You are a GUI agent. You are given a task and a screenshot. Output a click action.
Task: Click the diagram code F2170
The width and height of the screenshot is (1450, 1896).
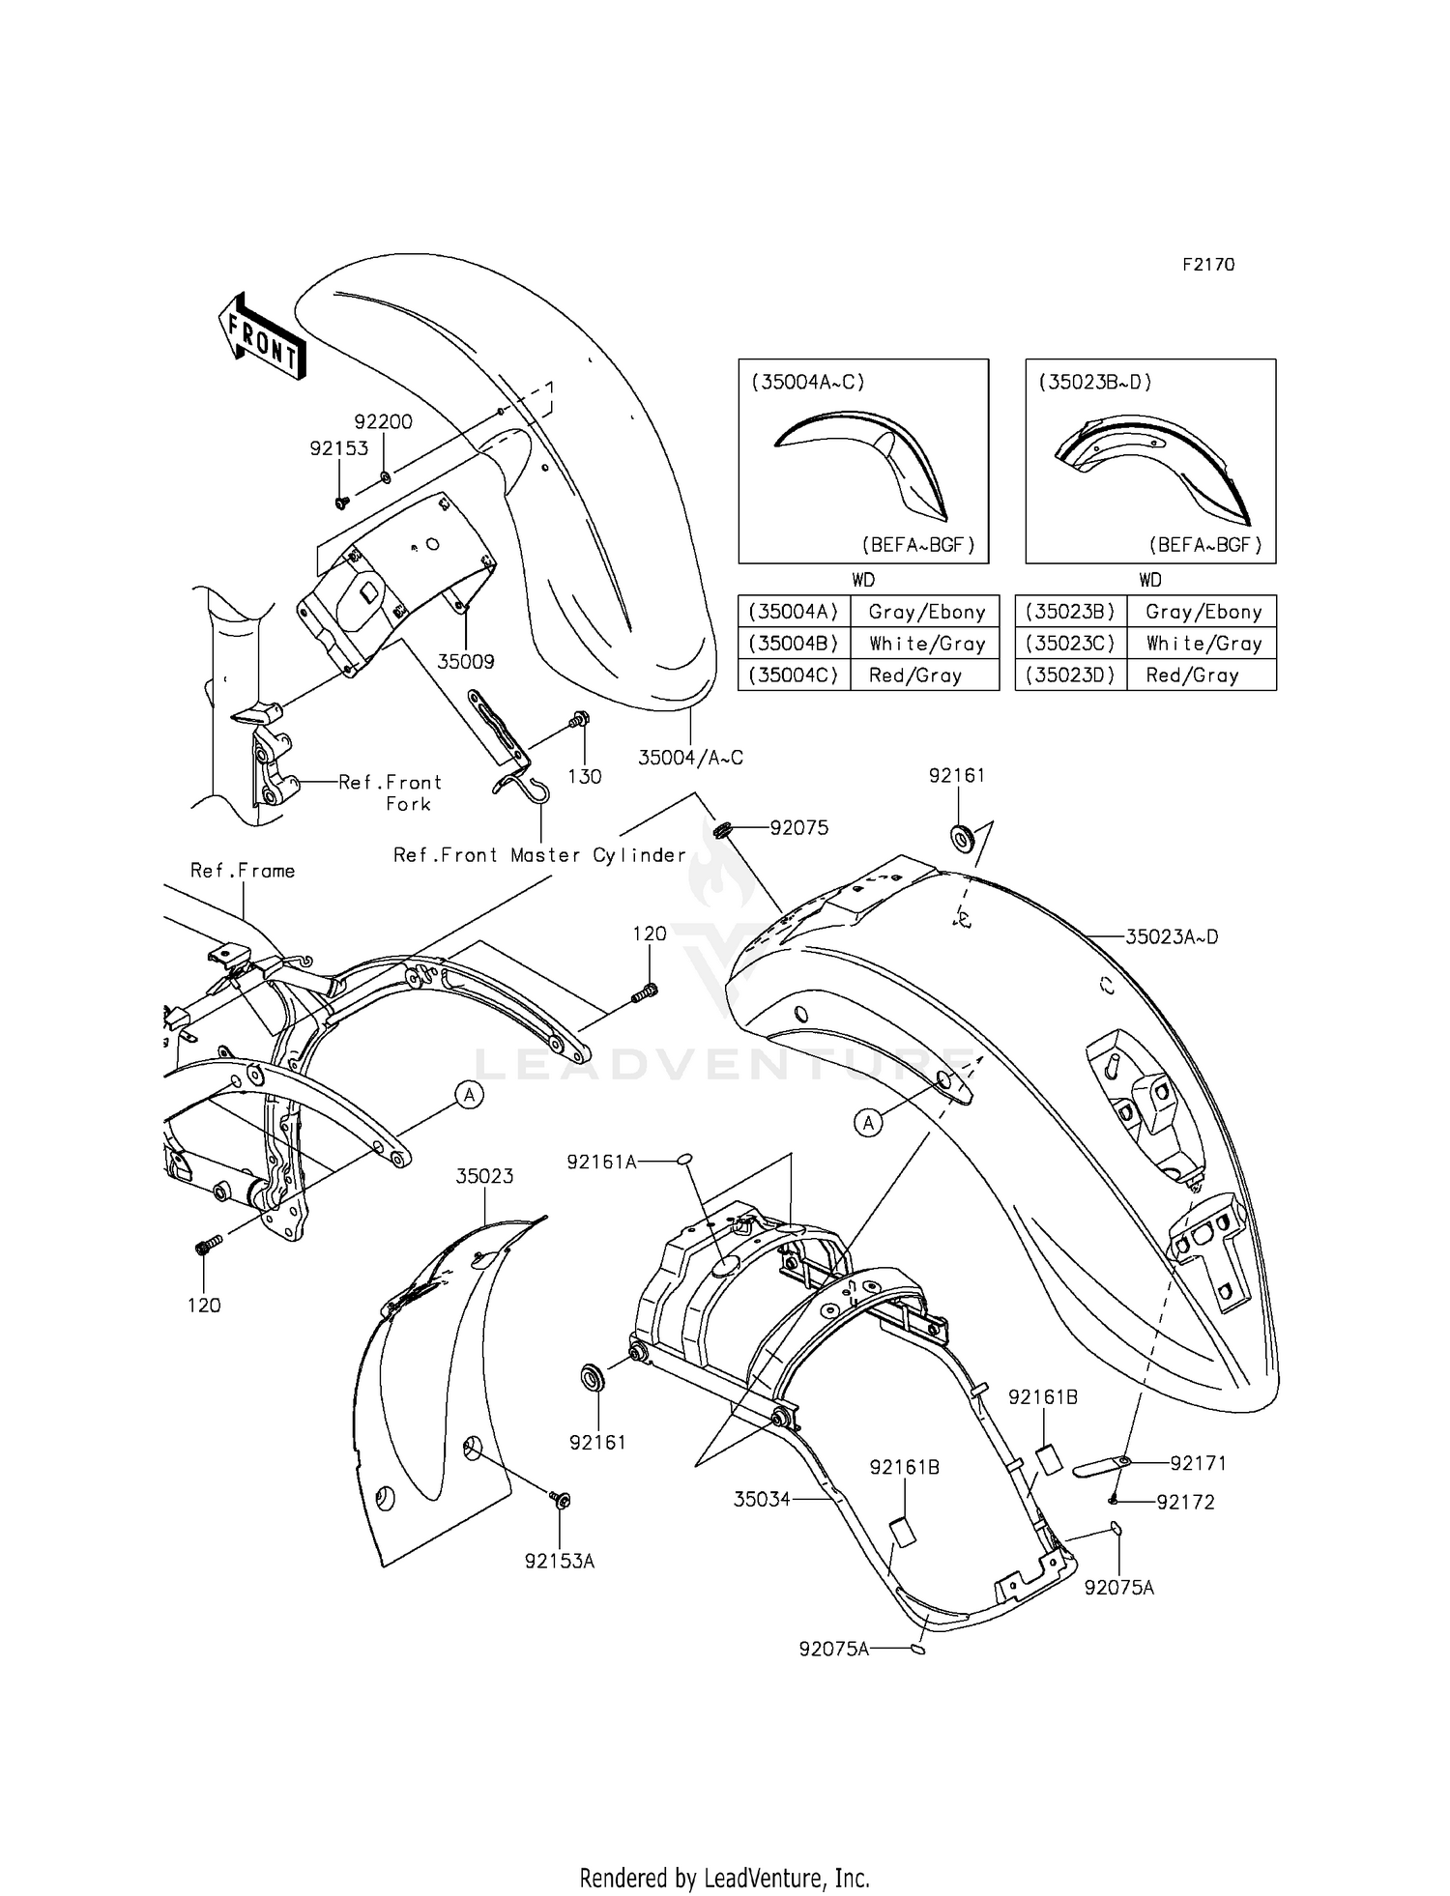click(1208, 265)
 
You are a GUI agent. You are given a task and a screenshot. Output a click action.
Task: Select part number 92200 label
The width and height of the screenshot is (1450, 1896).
click(383, 422)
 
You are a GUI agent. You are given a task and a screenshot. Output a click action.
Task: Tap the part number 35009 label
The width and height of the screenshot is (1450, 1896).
click(466, 662)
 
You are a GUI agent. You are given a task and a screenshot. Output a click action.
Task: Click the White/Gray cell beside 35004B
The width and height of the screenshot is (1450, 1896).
click(926, 644)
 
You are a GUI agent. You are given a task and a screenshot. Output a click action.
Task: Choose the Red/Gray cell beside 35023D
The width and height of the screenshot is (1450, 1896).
click(1192, 675)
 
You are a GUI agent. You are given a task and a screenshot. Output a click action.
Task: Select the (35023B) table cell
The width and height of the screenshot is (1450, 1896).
click(1070, 612)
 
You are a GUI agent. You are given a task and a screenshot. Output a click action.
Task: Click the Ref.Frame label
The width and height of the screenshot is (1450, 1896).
click(243, 871)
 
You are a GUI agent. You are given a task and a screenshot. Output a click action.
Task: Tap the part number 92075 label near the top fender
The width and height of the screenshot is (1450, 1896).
click(798, 828)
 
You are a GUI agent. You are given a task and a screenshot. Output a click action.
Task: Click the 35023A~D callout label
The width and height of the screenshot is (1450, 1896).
click(1172, 936)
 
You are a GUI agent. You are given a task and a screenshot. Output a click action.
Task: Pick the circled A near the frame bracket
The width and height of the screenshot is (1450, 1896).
click(470, 1095)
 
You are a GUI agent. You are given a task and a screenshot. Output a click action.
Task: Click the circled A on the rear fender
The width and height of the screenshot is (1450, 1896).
click(868, 1122)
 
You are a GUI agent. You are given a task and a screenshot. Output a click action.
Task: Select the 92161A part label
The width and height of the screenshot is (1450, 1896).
click(601, 1163)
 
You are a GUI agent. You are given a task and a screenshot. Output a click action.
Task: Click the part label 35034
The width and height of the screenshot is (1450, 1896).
click(762, 1499)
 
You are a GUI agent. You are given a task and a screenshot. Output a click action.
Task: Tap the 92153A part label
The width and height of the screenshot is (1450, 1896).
click(560, 1561)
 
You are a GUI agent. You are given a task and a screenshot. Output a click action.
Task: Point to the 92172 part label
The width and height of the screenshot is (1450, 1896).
click(1186, 1502)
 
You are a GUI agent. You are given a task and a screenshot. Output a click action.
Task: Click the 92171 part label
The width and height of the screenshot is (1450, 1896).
click(1198, 1463)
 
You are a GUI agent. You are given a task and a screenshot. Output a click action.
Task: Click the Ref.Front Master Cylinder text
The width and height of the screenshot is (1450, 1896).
click(539, 855)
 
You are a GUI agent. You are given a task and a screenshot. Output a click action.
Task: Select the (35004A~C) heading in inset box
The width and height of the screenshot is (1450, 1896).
click(808, 382)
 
